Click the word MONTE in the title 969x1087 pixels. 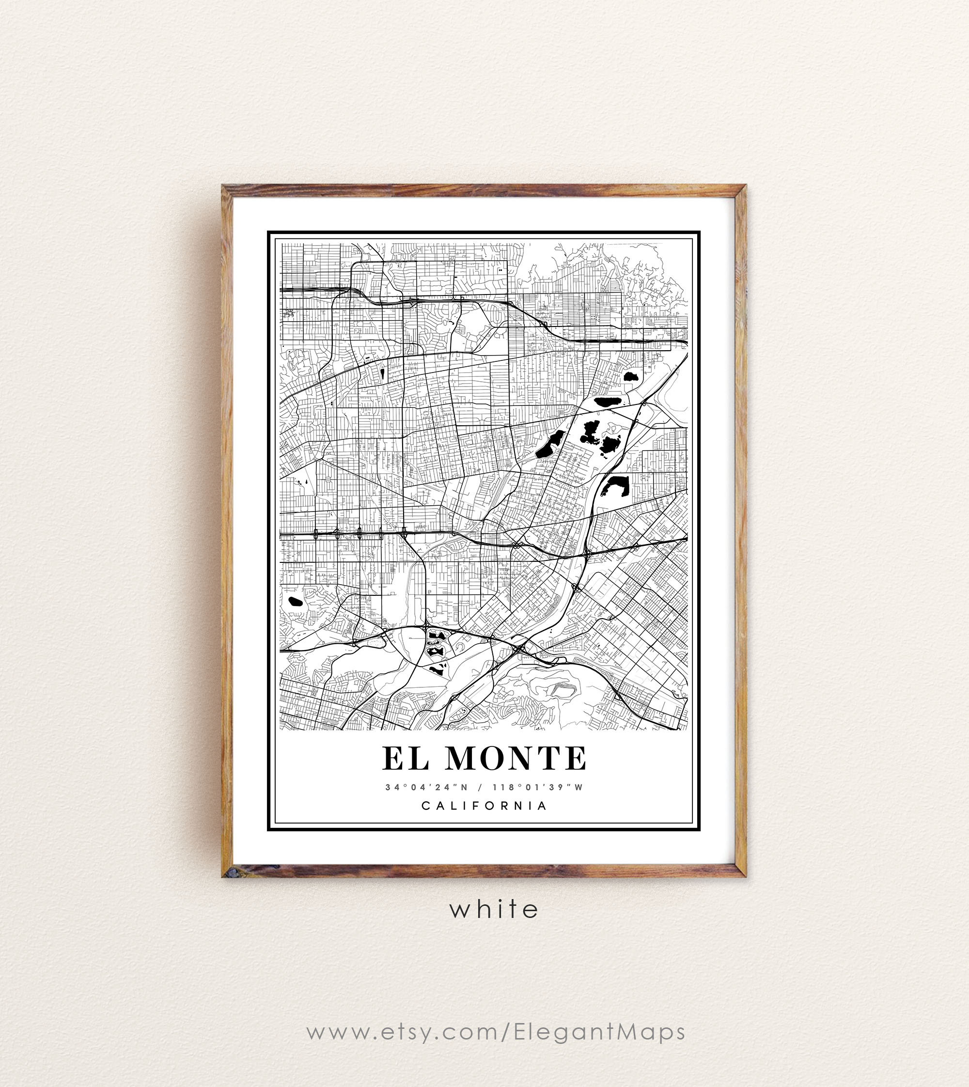coord(516,758)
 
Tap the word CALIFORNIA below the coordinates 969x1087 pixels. coord(484,806)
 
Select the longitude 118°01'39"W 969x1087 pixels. coord(538,787)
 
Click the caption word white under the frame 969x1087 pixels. coord(494,909)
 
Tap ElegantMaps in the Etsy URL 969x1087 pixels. coord(599,1031)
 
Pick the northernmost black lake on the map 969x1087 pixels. coord(631,376)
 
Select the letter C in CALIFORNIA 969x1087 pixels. coord(425,806)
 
